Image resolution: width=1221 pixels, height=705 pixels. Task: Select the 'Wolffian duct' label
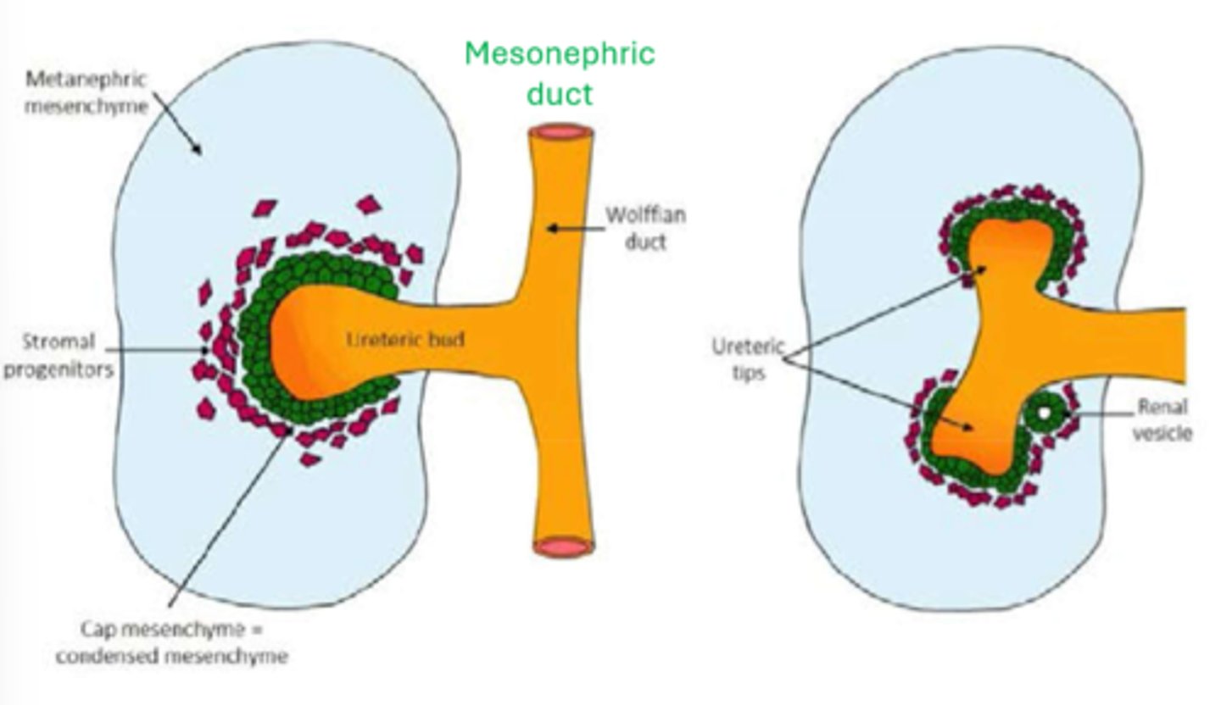[x=645, y=228]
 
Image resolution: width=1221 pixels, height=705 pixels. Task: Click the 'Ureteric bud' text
[x=406, y=340]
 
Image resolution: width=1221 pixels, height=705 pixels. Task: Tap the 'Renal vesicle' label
[x=1162, y=419]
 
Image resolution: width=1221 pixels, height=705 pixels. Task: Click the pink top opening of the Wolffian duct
[x=560, y=133]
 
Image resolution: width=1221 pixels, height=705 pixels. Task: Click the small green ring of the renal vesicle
[x=1045, y=414]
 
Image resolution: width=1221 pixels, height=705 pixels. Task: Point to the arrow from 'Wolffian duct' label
[x=574, y=228]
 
